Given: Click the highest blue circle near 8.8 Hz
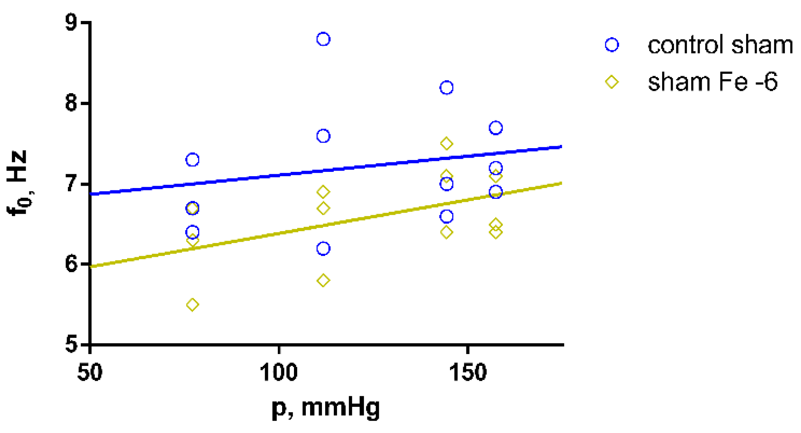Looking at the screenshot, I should tap(323, 39).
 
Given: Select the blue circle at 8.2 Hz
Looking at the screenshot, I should tap(446, 87).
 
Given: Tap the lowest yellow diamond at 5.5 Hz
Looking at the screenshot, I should tap(192, 305).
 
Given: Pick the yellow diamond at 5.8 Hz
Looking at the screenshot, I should tap(323, 281).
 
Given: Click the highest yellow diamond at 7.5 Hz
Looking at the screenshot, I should tap(446, 144).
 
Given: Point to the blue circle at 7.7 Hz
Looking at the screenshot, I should tap(496, 128).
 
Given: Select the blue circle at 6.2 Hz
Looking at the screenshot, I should tap(323, 249).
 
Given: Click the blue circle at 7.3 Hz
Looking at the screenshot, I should tap(192, 160).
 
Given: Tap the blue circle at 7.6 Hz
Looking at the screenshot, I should tap(323, 136).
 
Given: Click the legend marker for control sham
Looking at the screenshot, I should tap(612, 45).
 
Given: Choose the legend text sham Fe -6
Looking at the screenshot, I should tap(713, 82).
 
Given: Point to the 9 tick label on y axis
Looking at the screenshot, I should tap(71, 23).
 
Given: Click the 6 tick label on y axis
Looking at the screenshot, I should tap(71, 264).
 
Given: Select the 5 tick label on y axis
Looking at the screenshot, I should tap(71, 344).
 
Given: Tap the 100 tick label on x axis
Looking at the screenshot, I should tap(279, 372).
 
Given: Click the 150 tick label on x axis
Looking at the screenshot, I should tap(468, 372).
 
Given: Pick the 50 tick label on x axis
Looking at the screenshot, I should tap(90, 372).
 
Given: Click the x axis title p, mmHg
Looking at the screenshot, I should tap(326, 408).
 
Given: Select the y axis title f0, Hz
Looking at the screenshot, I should tap(18, 183).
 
